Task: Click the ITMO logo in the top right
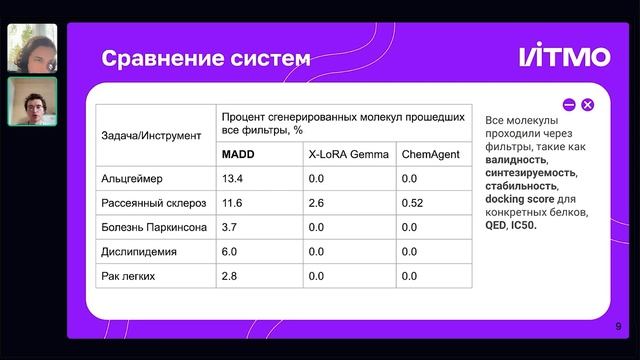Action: pyautogui.click(x=564, y=57)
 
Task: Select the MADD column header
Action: pyautogui.click(x=239, y=155)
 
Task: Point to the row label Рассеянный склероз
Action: pyautogui.click(x=151, y=203)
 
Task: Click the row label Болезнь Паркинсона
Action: pyautogui.click(x=154, y=227)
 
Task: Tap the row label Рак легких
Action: pyautogui.click(x=127, y=275)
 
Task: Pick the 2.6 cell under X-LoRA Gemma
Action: pyautogui.click(x=317, y=203)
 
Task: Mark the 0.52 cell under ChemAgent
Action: pyautogui.click(x=412, y=203)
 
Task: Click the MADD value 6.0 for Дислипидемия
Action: pyautogui.click(x=229, y=251)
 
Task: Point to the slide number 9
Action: pyautogui.click(x=618, y=326)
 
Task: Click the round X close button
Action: pyautogui.click(x=588, y=104)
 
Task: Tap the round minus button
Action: pyautogui.click(x=569, y=104)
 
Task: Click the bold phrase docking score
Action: pyautogui.click(x=518, y=199)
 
